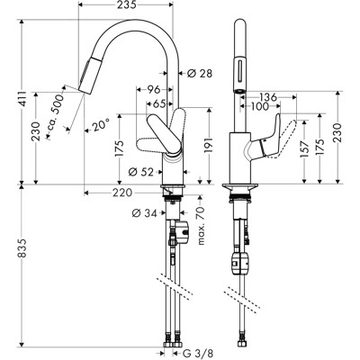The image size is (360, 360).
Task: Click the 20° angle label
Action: [100, 127]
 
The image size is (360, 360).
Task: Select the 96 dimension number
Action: [153, 90]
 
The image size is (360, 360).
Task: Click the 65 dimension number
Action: [158, 104]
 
